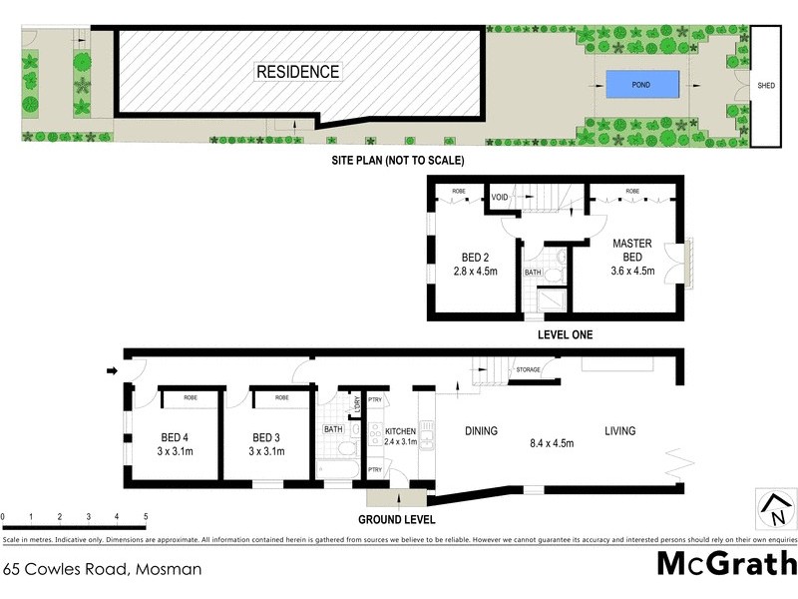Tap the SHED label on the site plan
point(766,86)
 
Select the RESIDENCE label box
point(298,72)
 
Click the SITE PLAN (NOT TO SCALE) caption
point(398,160)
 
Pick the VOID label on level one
point(501,198)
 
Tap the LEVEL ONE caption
point(565,335)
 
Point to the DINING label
point(481,431)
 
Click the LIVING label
point(622,431)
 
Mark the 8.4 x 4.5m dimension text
point(552,444)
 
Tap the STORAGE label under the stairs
point(529,370)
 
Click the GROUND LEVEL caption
point(397,520)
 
